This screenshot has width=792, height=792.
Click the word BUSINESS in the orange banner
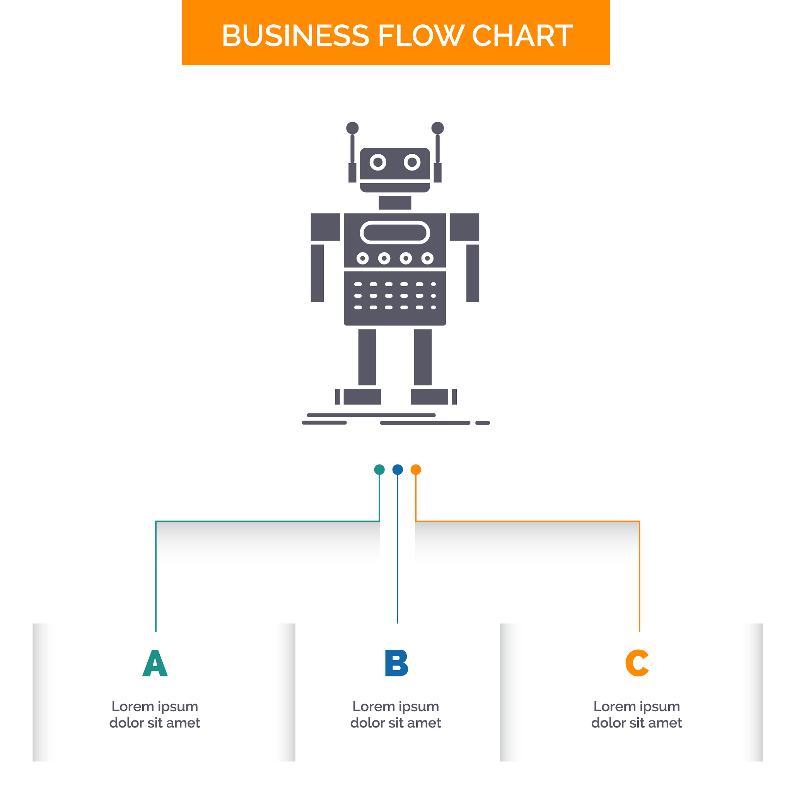point(295,36)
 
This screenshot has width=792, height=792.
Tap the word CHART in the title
point(523,36)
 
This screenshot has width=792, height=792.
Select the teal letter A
point(155,663)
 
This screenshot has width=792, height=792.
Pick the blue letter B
point(396,663)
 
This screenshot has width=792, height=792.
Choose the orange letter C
point(637,663)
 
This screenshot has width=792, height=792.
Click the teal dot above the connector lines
point(380,469)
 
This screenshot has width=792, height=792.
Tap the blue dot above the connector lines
point(398,469)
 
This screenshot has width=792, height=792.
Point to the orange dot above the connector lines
point(416,469)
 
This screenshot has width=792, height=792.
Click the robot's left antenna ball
point(352,128)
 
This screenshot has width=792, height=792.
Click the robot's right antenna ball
point(437,128)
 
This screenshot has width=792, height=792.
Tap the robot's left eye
point(378,162)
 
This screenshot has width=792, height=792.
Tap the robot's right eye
point(412,162)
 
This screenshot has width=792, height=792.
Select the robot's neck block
point(395,203)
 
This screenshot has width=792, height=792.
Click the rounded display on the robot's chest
point(395,232)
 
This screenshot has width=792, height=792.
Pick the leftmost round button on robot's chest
point(362,258)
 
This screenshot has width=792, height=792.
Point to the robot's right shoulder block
point(464,227)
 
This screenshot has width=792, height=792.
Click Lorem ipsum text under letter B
point(396,706)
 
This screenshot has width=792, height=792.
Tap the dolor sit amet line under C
point(637,723)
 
